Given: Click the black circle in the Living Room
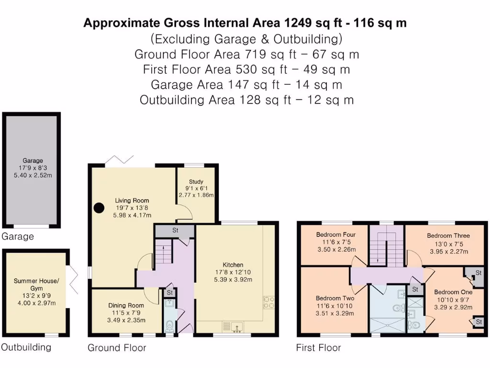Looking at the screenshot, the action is pos(99,208).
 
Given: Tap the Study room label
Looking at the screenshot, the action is pos(196,182).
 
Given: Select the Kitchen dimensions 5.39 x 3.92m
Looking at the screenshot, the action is pos(233,279).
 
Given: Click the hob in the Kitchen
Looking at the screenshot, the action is pos(269,302).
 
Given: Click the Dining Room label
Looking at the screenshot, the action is pos(126,305).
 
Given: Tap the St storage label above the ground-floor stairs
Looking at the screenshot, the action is pos(175,230).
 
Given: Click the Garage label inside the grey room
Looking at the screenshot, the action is pos(33,161).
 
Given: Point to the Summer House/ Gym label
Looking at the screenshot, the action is pos(36,285).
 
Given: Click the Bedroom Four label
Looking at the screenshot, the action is pos(335,234).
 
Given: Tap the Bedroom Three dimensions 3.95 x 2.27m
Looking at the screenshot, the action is pos(449,252).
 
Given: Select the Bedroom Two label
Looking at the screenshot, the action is pos(334,298).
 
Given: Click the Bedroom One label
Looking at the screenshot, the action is pos(453,292).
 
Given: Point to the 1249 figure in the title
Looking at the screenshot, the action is pos(298,23).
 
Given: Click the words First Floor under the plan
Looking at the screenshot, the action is pos(318,348).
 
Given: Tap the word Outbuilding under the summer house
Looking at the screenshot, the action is pos(26,347).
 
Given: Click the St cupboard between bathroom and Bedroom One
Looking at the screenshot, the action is pos(415,289).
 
